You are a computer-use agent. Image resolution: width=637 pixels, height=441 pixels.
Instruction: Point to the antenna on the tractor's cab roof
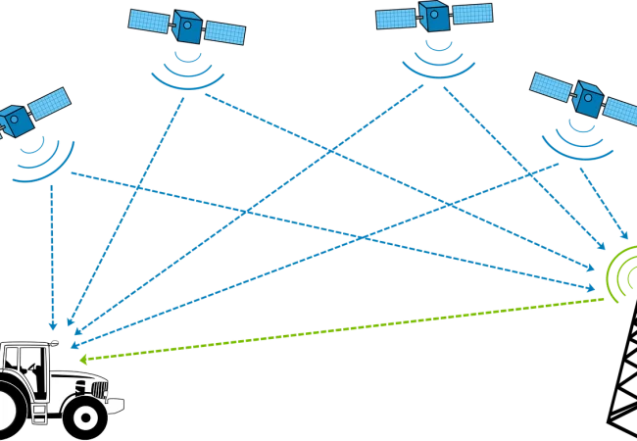click(55, 337)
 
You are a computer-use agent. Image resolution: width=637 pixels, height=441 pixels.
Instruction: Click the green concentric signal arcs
click(619, 275)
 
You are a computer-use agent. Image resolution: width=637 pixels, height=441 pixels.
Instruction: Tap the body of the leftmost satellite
click(18, 120)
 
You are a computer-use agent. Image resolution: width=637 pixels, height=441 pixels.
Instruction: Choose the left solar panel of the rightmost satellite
click(551, 85)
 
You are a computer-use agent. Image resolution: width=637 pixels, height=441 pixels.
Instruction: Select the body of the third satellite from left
click(434, 16)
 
